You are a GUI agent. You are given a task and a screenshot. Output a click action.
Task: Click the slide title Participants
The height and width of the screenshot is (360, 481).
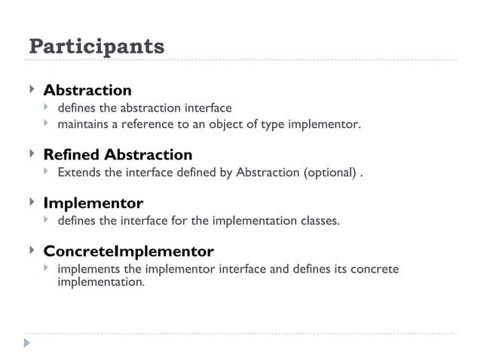96,47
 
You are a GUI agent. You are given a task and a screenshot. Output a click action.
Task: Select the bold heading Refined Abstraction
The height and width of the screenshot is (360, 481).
118,155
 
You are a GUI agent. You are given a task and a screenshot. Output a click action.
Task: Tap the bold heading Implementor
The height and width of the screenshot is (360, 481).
93,203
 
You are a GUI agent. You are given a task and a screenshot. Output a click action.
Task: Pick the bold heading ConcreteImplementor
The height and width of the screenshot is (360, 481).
128,251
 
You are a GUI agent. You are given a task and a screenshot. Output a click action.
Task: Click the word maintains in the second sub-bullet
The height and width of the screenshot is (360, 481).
83,124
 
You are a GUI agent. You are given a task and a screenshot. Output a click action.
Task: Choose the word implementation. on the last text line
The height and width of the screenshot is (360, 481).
100,282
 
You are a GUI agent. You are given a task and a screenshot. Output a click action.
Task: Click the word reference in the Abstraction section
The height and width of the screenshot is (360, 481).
148,124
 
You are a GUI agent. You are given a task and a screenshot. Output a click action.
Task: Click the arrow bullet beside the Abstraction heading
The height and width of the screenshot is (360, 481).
31,90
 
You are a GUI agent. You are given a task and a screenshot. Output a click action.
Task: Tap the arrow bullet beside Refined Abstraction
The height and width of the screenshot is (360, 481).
31,154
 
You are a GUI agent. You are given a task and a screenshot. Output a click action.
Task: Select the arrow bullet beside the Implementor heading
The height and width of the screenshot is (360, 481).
31,203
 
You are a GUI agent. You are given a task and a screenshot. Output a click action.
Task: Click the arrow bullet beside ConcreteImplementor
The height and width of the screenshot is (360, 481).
31,250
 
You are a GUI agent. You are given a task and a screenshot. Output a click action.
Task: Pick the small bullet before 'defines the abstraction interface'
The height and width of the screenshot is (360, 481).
46,108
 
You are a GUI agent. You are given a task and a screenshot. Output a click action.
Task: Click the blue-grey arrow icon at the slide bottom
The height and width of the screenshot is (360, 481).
28,343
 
